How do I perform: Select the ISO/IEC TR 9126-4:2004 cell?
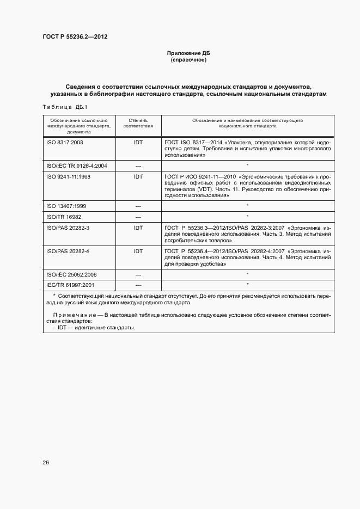(77, 165)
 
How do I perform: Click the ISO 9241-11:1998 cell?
(69, 177)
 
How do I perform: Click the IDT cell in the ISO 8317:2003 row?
(138, 142)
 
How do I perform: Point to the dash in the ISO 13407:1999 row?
(138, 206)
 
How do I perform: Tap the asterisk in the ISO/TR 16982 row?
(247, 217)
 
